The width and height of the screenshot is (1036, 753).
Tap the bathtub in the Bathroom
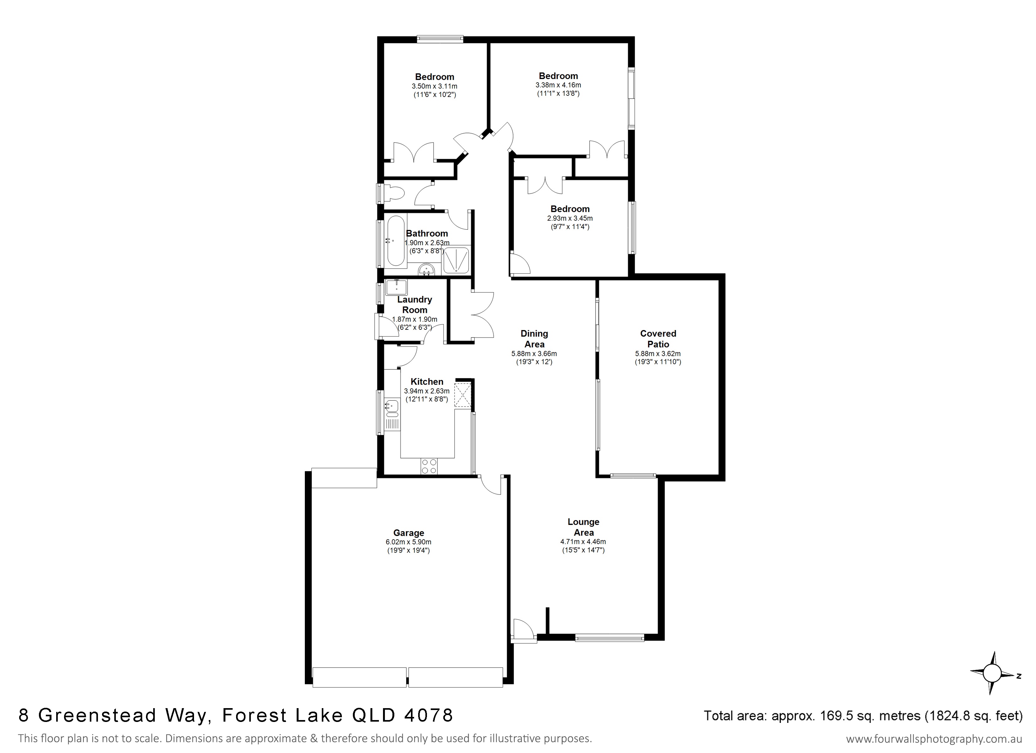coord(396,241)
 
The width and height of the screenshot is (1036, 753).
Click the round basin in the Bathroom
coord(427,270)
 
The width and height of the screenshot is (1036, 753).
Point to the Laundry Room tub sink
coord(396,288)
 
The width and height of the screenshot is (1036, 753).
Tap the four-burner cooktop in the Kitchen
coord(429,466)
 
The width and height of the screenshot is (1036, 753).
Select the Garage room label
coord(408,532)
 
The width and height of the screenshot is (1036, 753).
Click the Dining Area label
coord(534,339)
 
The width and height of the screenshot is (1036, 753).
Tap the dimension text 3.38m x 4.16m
coord(558,85)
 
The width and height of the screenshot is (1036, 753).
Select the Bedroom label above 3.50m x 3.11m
coord(434,77)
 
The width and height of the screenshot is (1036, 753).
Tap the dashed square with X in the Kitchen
coord(462,395)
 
